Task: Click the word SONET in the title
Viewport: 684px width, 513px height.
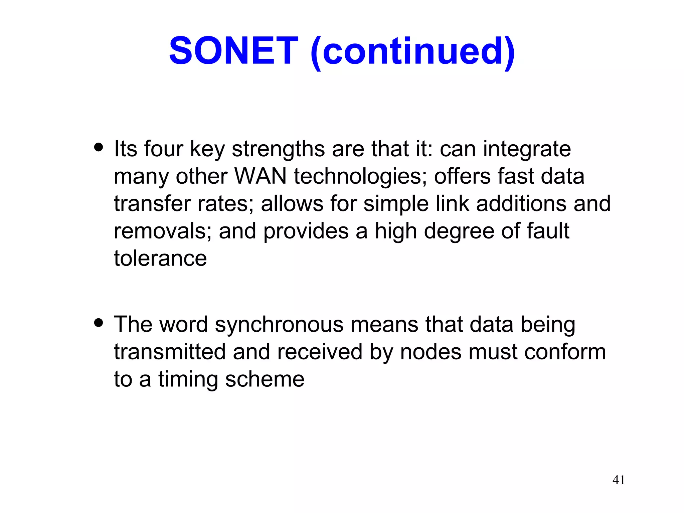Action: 233,51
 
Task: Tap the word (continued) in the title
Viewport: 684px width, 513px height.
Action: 412,52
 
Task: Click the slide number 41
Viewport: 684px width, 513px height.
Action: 619,480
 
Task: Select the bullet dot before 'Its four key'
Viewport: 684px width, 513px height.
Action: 99,147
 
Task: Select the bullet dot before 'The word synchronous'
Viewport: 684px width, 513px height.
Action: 99,323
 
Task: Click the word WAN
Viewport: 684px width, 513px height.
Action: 261,176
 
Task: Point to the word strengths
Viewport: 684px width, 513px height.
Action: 278,149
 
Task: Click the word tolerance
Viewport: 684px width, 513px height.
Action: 160,259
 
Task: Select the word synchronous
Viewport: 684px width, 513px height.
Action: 279,325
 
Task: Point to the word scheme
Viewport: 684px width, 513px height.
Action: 265,380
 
